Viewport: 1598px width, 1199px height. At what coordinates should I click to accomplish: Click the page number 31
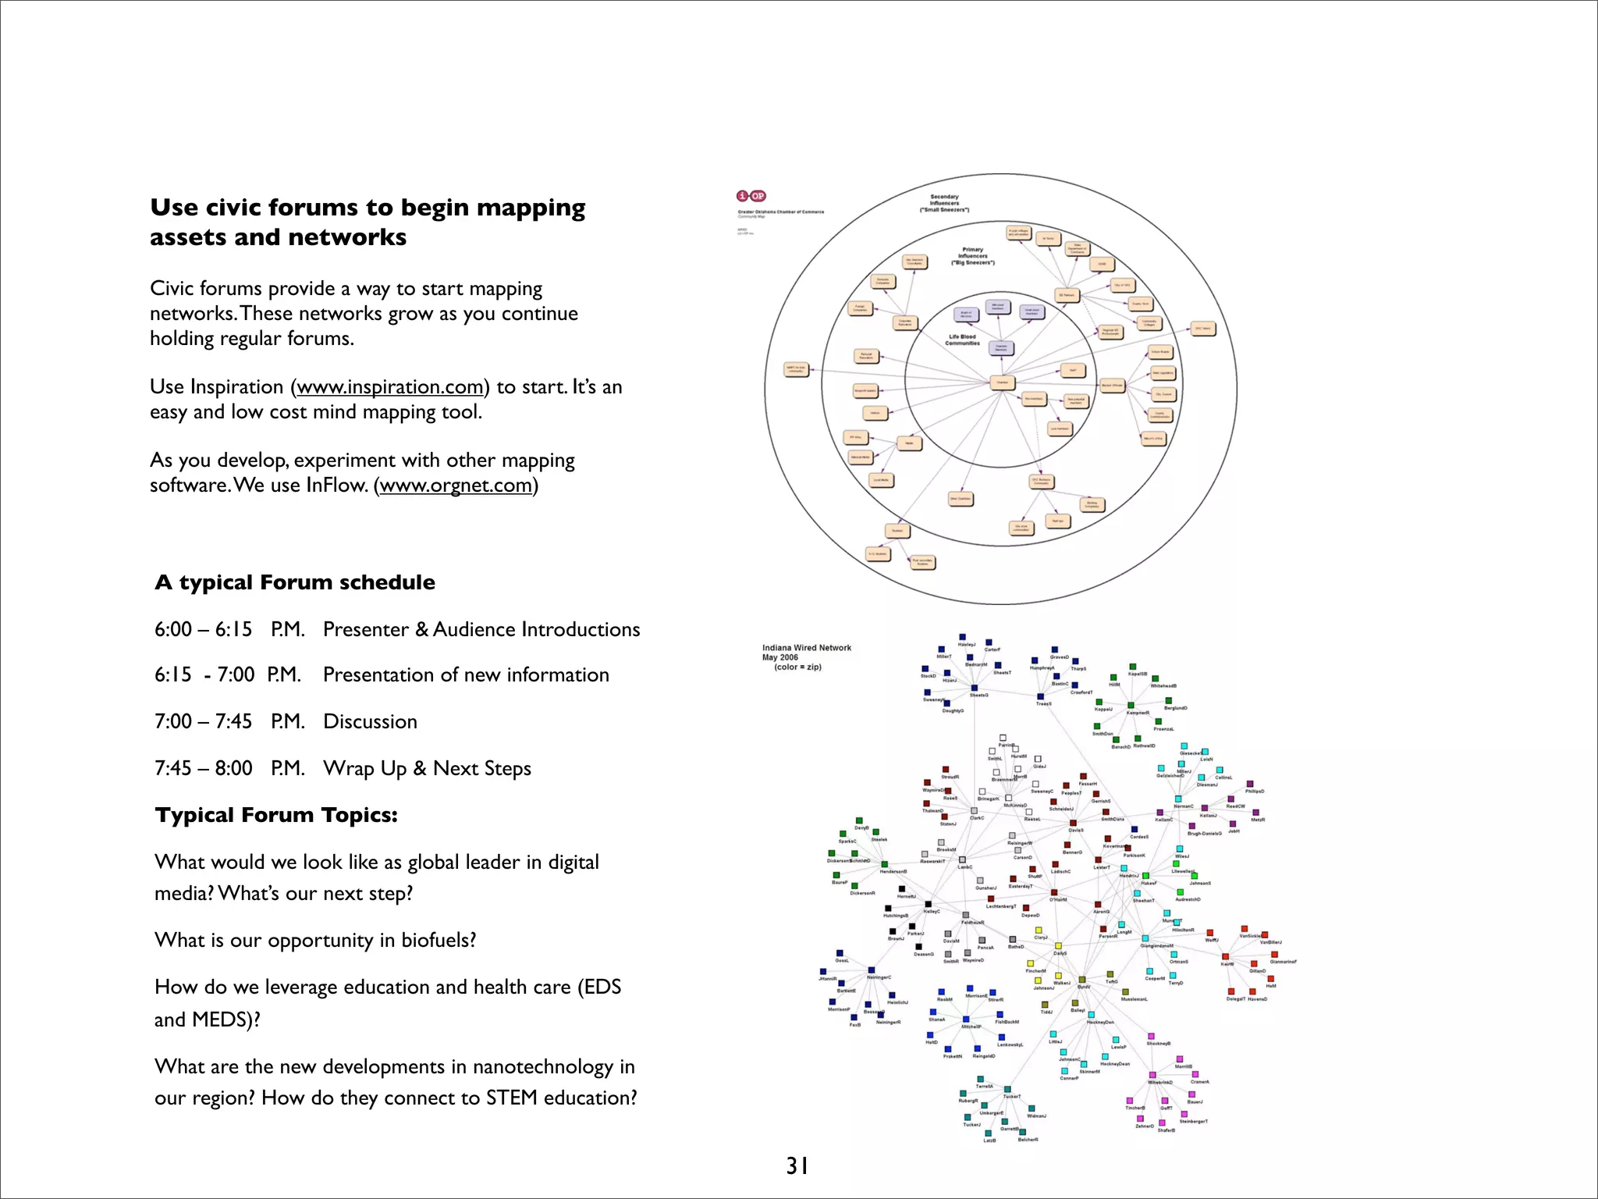click(x=797, y=1165)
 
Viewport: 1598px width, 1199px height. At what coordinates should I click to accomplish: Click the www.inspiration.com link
click(x=389, y=387)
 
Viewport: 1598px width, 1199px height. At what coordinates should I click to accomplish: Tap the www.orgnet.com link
click(x=456, y=486)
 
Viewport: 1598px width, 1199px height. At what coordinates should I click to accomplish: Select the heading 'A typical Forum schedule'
click(x=295, y=582)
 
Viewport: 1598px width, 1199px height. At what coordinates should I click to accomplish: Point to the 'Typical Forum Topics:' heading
click(x=276, y=815)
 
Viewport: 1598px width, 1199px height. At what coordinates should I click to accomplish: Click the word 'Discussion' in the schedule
click(x=370, y=721)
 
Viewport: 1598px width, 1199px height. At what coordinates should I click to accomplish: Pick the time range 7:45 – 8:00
click(x=203, y=768)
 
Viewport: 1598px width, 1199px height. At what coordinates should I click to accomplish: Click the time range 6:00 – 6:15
click(x=203, y=629)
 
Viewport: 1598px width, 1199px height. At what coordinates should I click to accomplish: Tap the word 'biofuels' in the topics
click(x=435, y=940)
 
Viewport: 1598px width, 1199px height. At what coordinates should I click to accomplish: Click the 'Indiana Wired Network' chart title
click(x=806, y=648)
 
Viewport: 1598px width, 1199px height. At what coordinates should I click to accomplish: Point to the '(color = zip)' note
click(x=797, y=667)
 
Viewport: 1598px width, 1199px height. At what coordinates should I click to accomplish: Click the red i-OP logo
click(x=751, y=196)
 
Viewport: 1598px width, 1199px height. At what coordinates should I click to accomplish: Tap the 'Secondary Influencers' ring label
click(x=944, y=203)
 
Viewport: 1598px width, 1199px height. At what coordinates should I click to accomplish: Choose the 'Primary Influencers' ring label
click(x=972, y=256)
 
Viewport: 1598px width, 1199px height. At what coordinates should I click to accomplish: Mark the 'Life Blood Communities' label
click(x=961, y=340)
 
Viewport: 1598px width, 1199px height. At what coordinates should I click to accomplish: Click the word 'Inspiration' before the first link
click(x=237, y=387)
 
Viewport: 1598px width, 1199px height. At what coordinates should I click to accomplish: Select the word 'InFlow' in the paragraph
click(x=336, y=486)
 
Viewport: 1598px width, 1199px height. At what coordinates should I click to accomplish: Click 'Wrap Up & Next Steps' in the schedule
click(x=427, y=768)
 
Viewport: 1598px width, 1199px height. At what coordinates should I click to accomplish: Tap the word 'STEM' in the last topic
click(x=511, y=1098)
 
